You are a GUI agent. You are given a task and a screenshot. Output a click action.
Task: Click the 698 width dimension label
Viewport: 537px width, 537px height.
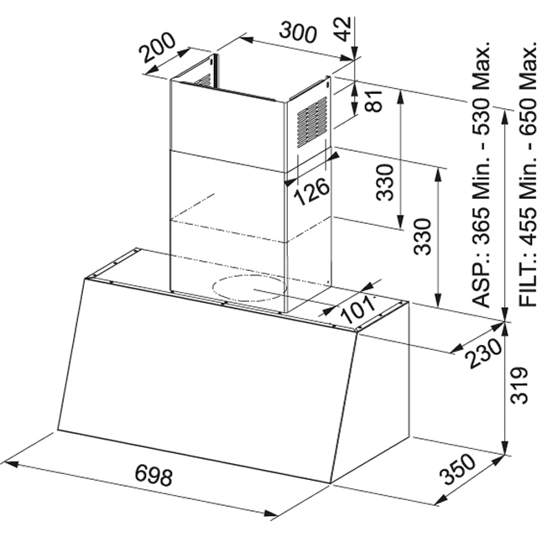tap(154, 475)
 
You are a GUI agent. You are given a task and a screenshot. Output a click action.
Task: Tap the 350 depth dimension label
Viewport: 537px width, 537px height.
tap(458, 469)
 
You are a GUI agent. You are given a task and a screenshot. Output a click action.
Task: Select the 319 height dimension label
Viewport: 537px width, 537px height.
tap(519, 385)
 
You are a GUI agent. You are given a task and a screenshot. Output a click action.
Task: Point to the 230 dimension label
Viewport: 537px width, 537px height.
tap(483, 353)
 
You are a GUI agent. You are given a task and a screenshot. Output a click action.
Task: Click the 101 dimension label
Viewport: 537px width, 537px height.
tap(358, 310)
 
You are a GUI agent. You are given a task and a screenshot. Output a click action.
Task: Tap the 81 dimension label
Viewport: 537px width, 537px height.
tap(373, 101)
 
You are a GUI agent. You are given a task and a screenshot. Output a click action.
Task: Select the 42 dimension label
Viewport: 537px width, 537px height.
tap(342, 29)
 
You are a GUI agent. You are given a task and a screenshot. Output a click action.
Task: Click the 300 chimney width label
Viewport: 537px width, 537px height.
tap(298, 33)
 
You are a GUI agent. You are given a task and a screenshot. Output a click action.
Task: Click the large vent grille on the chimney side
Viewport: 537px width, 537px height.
tap(311, 123)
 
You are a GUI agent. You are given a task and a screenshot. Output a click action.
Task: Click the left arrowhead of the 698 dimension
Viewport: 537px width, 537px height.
tap(11, 464)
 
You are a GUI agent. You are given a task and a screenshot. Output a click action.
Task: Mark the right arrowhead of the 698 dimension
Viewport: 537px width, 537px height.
tap(270, 514)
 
